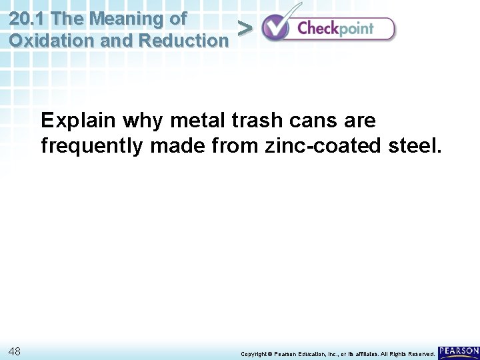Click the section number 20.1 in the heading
pyautogui.click(x=26, y=19)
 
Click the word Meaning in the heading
pyautogui.click(x=119, y=19)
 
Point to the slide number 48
pyautogui.click(x=15, y=351)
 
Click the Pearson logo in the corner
pyautogui.click(x=459, y=351)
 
